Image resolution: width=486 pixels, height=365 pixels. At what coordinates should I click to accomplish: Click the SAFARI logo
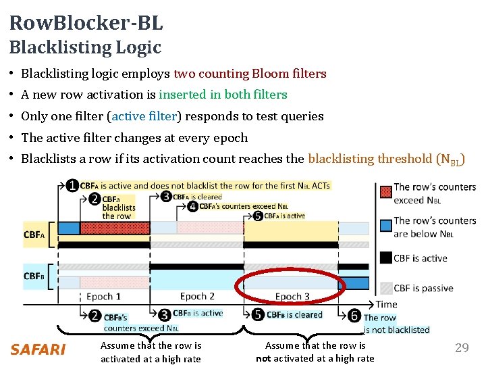pyautogui.click(x=38, y=349)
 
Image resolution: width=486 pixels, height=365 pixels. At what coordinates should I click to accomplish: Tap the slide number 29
pyautogui.click(x=462, y=348)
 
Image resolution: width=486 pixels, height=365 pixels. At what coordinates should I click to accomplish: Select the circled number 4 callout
pyautogui.click(x=193, y=206)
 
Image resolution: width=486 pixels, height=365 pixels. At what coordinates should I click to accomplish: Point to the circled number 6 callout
pyautogui.click(x=355, y=315)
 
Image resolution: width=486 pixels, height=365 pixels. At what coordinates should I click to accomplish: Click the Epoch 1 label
pyautogui.click(x=104, y=297)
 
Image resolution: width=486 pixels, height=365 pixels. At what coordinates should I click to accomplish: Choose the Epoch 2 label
pyautogui.click(x=197, y=296)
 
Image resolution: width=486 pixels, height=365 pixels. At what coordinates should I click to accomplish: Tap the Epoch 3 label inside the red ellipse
pyautogui.click(x=292, y=297)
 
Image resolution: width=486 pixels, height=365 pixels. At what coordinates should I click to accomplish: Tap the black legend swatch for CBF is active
pyautogui.click(x=385, y=257)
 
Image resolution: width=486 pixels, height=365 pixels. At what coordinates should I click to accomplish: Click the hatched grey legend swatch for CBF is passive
pyautogui.click(x=385, y=287)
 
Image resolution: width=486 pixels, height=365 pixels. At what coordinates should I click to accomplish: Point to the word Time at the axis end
pyautogui.click(x=387, y=305)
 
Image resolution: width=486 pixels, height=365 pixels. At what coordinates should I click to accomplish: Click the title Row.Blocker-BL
pyautogui.click(x=86, y=23)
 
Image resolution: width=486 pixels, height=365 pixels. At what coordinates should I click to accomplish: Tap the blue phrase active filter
pyautogui.click(x=144, y=116)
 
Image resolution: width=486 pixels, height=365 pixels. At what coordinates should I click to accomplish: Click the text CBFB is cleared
pyautogui.click(x=294, y=314)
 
